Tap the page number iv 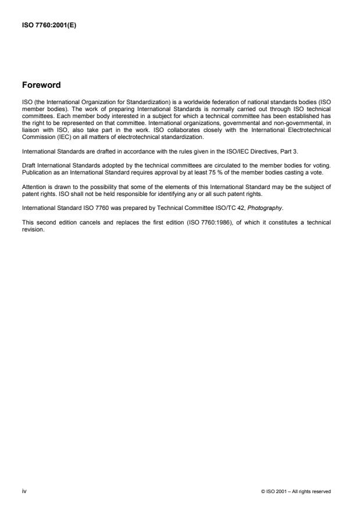click(x=24, y=491)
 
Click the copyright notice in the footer click(x=297, y=492)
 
